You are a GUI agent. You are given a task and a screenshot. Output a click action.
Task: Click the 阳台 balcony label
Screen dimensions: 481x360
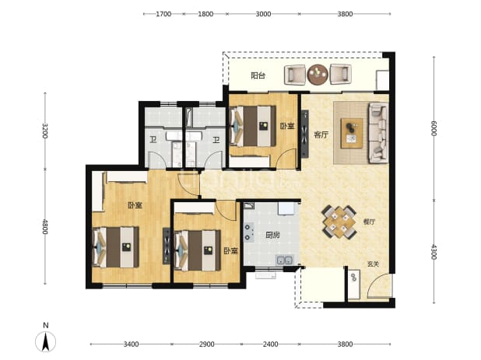coord(258,75)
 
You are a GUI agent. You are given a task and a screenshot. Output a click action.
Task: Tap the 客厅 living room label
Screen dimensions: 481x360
coord(321,135)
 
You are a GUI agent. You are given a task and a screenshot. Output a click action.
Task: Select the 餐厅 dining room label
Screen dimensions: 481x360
coord(369,222)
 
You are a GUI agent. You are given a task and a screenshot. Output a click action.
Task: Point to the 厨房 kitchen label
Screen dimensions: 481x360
coord(272,236)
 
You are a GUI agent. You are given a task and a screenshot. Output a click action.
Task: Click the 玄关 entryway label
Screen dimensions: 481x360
coord(374,264)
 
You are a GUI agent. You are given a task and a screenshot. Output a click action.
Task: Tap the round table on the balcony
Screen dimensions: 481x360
coord(318,75)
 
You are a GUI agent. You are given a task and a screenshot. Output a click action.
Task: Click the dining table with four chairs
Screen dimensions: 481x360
coord(339,222)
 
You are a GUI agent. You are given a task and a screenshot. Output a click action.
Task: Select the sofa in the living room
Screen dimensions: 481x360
coord(378,132)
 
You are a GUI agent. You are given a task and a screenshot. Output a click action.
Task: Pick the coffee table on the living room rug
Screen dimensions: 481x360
coord(352,134)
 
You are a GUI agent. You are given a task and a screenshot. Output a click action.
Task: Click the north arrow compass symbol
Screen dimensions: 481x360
coord(46,341)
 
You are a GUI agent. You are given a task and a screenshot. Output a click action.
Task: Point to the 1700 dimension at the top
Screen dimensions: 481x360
coord(163,14)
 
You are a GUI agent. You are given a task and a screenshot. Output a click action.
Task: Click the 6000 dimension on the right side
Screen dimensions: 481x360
coord(434,128)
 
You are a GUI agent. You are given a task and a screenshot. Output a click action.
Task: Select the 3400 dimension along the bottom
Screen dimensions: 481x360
coord(131,344)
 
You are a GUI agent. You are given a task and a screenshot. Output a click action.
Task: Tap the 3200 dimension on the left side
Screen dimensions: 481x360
coord(45,131)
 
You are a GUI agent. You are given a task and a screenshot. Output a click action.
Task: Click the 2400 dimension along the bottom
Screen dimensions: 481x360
coord(271,344)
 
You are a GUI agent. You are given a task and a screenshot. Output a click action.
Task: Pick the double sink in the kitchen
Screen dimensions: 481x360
coord(285,260)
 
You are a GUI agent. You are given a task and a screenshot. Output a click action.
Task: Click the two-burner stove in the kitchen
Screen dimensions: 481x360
coord(248,232)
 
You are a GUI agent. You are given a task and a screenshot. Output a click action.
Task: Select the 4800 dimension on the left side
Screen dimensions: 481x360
coord(45,226)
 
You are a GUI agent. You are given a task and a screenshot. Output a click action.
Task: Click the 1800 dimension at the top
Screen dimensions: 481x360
coord(205,14)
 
